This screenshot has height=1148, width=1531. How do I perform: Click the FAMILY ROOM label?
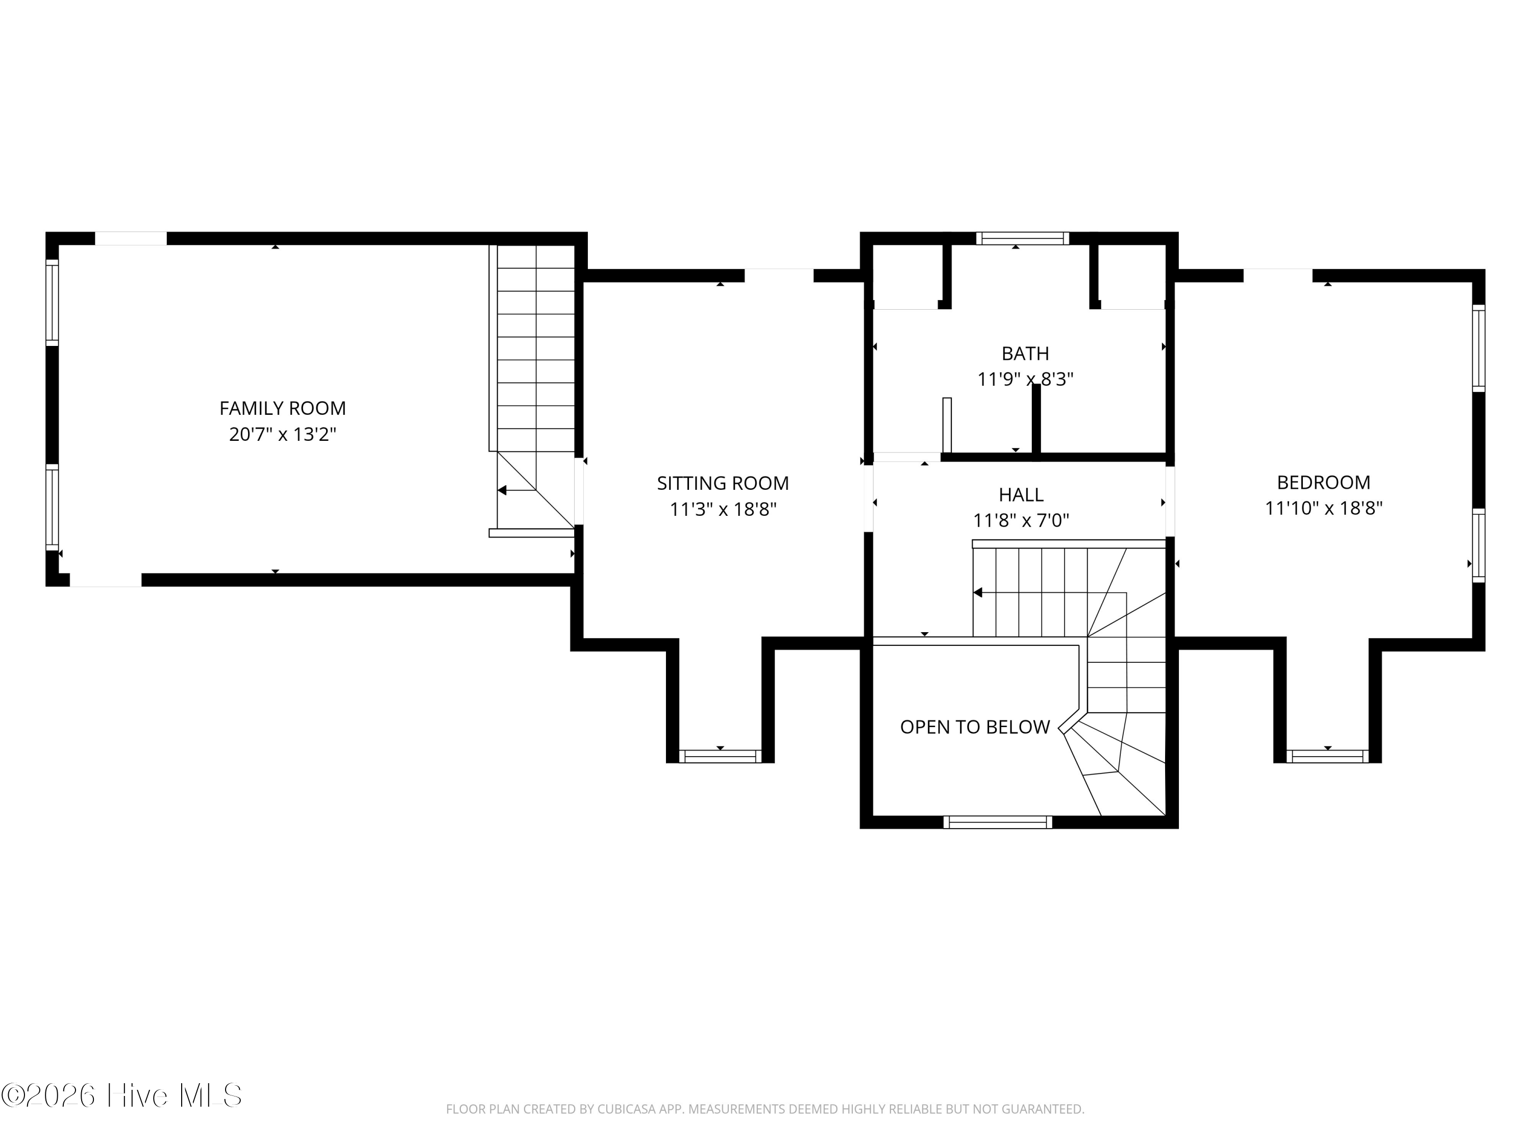[x=282, y=408]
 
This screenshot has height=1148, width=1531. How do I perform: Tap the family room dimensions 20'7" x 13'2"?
[x=282, y=435]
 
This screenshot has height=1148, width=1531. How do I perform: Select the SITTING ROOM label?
[x=723, y=483]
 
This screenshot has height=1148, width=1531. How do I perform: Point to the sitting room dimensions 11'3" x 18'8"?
[x=723, y=509]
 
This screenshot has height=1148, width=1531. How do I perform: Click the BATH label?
[x=1025, y=354]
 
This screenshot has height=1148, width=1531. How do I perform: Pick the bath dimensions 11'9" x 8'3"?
[x=1025, y=379]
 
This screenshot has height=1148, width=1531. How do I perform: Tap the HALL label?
[x=1021, y=495]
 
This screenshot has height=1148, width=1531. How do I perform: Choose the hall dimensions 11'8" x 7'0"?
[x=1021, y=520]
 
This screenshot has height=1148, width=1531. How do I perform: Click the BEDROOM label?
[x=1323, y=482]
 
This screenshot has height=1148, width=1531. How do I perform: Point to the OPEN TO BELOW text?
[x=975, y=727]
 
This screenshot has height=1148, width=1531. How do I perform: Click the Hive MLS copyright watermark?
[x=122, y=1095]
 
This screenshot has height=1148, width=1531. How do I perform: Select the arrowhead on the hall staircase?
[x=978, y=592]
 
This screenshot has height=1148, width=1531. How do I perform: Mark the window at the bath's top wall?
[x=1022, y=239]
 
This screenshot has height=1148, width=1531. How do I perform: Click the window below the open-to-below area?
[x=997, y=822]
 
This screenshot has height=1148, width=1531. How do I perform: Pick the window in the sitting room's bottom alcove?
[x=720, y=756]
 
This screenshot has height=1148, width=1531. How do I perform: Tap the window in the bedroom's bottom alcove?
[x=1327, y=756]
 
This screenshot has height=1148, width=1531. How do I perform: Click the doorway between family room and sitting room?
[x=579, y=490]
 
